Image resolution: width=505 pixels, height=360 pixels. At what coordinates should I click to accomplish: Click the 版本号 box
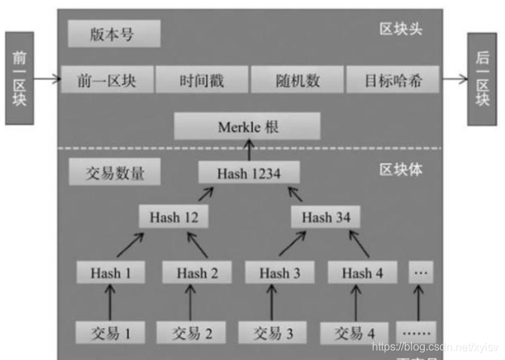(114, 33)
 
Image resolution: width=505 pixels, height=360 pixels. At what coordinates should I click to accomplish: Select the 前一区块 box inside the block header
(107, 81)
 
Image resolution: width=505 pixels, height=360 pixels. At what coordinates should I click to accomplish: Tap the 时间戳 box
(201, 81)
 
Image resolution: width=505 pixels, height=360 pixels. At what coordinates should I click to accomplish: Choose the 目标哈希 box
(392, 81)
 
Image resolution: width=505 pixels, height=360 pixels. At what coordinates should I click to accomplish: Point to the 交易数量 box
(114, 172)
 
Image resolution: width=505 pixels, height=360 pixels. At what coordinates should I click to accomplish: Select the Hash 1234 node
(249, 173)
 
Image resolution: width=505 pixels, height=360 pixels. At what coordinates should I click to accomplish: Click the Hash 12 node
(173, 217)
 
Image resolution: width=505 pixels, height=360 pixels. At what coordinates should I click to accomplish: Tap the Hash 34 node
(326, 217)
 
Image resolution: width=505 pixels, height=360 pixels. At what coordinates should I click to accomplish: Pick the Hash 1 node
(111, 273)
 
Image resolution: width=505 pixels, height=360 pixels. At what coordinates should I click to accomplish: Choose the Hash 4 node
(362, 273)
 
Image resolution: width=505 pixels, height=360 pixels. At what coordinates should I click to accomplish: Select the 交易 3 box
(274, 333)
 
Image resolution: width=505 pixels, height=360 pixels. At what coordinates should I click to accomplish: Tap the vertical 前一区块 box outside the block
(19, 78)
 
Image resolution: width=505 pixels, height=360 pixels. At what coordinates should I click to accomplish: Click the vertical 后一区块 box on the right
(482, 78)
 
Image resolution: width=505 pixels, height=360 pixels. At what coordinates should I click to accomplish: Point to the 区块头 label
(401, 29)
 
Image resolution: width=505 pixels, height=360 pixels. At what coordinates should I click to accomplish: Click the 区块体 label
(401, 170)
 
